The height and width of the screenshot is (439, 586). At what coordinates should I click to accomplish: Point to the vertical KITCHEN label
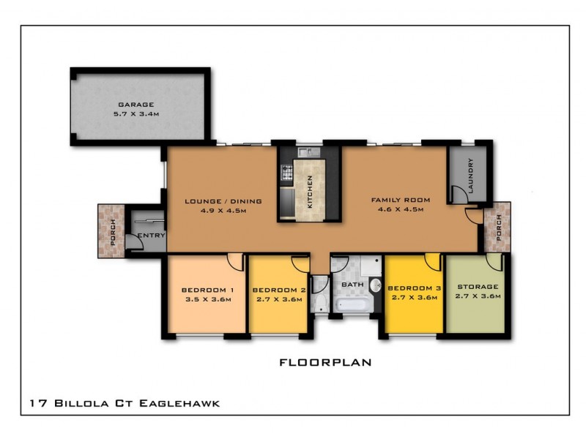click(x=311, y=192)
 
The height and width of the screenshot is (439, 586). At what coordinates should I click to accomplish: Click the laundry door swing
click(x=459, y=194)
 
